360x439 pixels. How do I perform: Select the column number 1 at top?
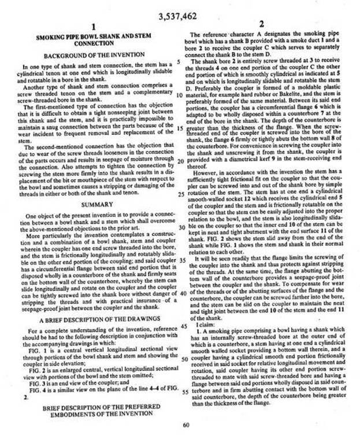point(94,27)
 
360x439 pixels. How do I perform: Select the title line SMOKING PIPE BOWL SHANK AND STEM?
point(94,36)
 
